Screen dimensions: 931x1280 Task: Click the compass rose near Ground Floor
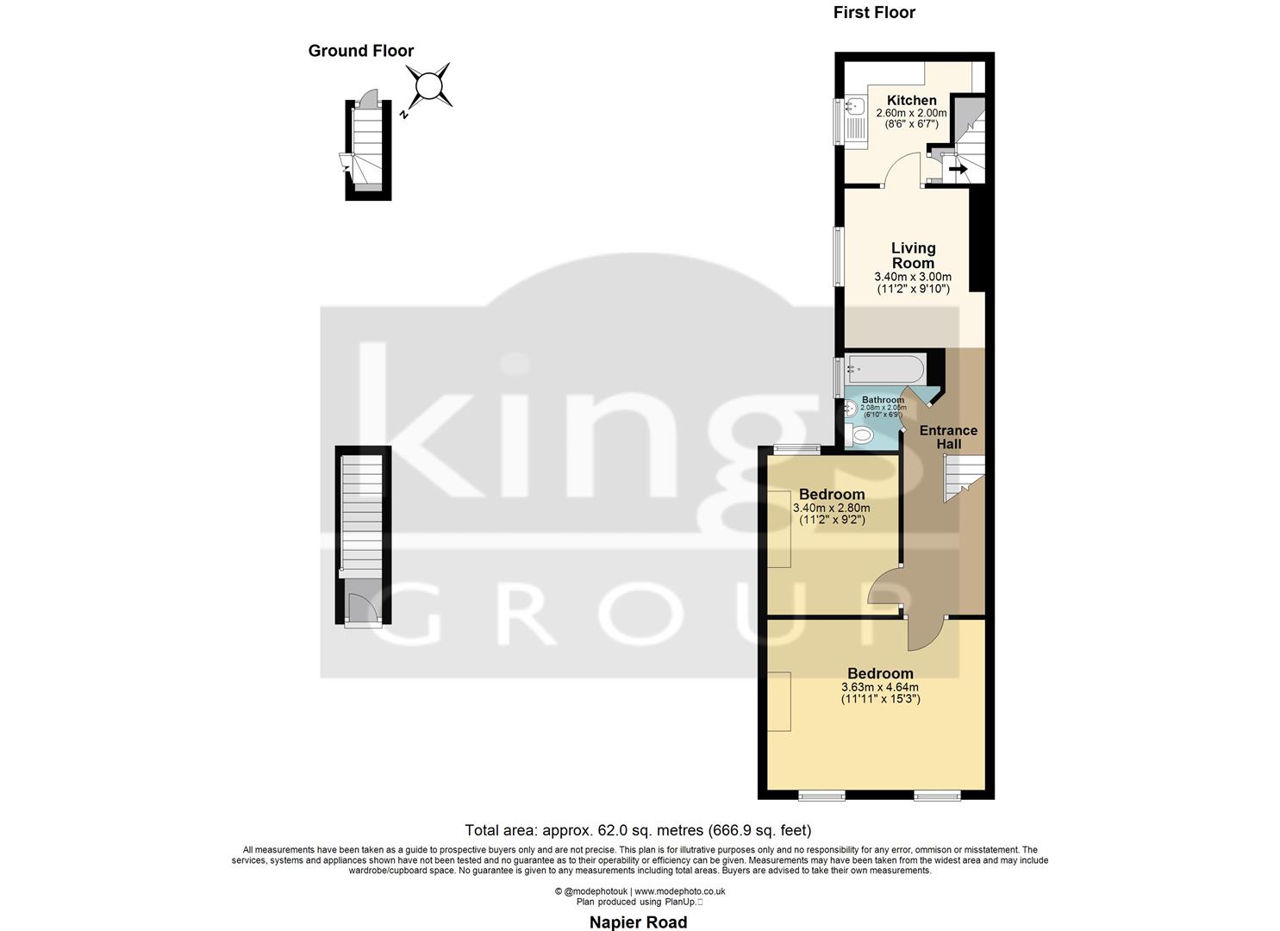pos(428,86)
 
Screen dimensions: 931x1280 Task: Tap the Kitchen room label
pos(911,101)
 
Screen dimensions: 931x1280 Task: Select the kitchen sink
pos(855,109)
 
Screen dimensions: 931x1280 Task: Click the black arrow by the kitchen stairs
pos(957,169)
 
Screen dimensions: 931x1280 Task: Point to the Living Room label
pos(913,255)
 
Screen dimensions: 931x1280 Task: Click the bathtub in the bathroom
pos(885,371)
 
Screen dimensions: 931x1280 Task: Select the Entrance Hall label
pos(948,437)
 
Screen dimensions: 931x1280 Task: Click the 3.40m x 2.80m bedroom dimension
pos(831,509)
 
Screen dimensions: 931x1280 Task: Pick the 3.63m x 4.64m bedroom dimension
pos(879,687)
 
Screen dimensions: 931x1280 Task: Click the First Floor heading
pos(874,12)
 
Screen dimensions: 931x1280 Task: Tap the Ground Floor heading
pos(361,51)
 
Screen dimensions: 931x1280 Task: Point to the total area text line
pos(638,831)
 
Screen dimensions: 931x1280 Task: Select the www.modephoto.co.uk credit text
pos(679,891)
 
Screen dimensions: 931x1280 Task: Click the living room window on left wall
pos(837,257)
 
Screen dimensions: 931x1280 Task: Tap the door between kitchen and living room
pos(902,172)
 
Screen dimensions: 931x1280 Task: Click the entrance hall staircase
pos(962,478)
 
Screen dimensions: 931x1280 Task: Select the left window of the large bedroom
pos(821,794)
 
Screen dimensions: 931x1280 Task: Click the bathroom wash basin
pos(851,410)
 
